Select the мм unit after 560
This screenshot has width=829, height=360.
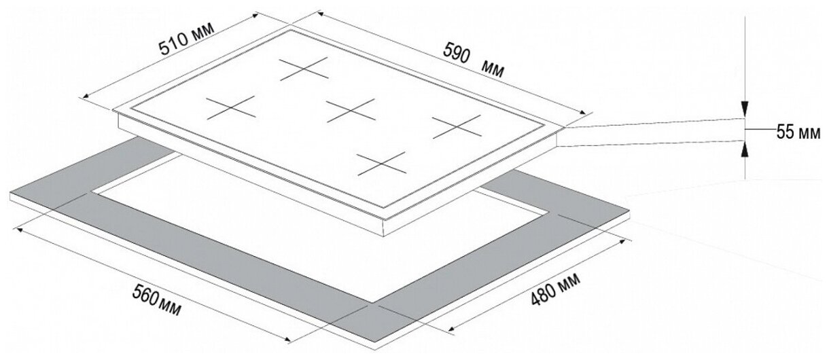point(171,309)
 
